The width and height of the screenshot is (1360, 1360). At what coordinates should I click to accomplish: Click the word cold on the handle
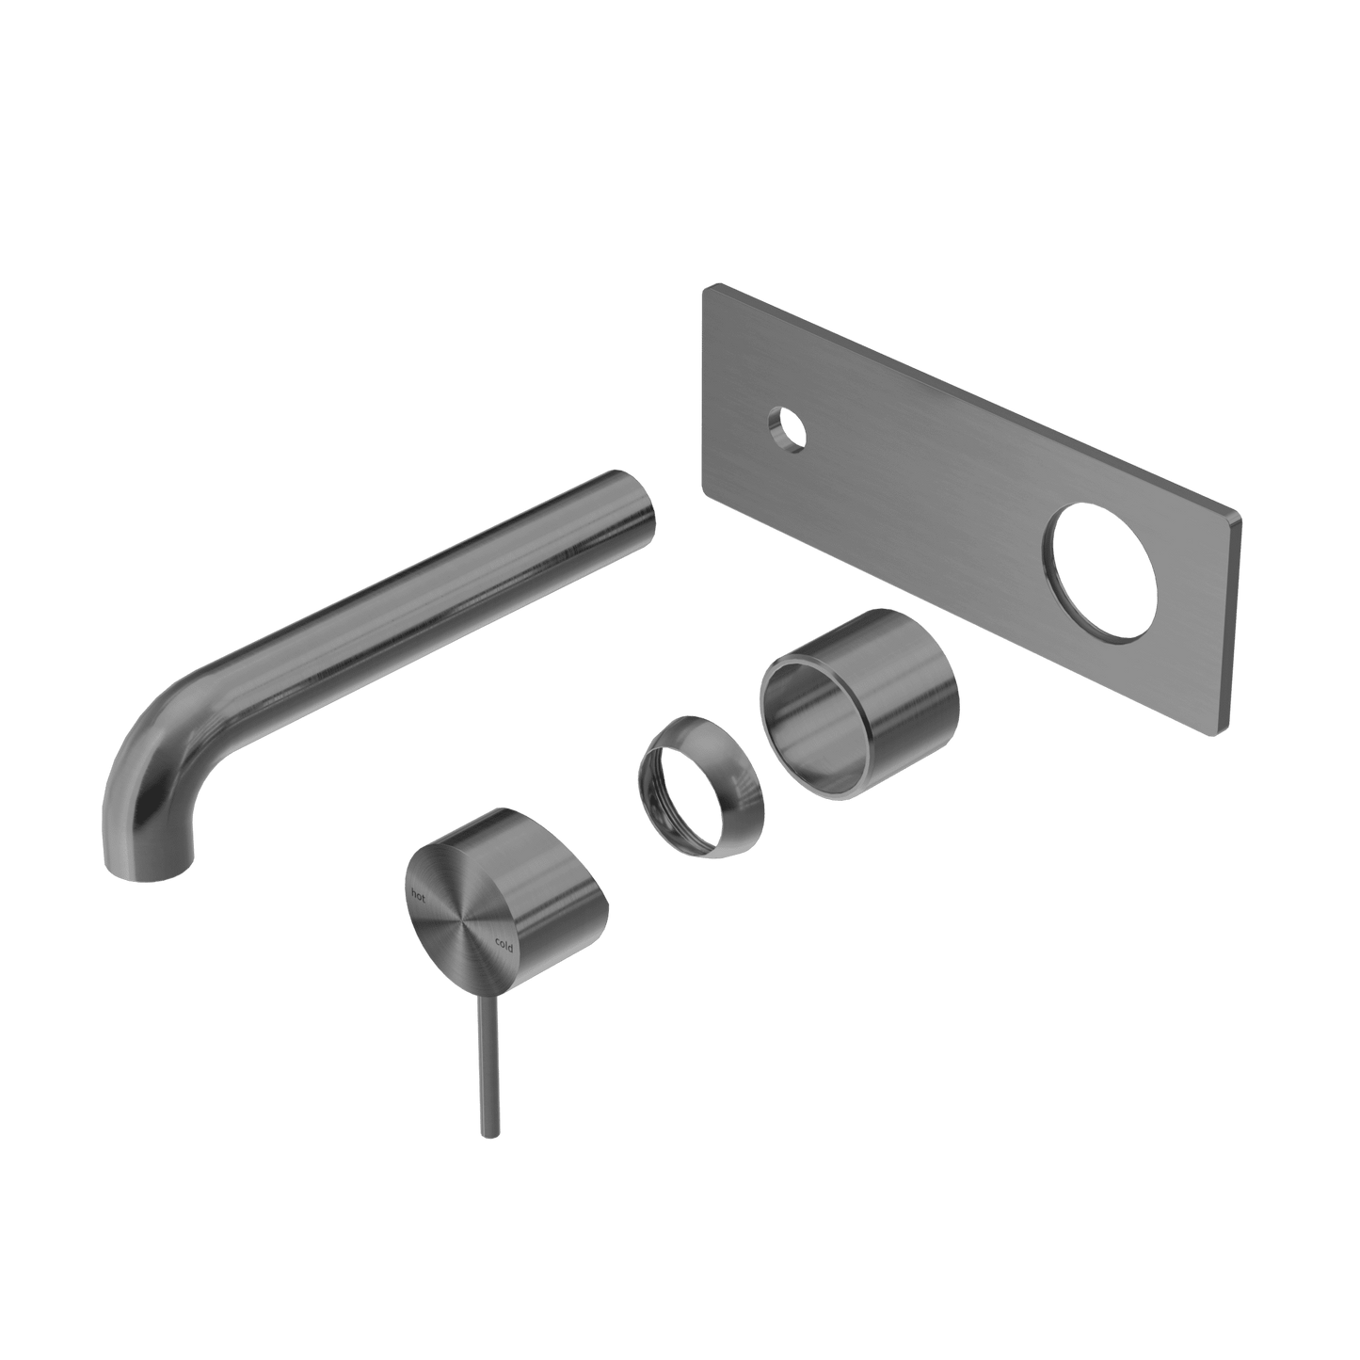click(x=504, y=945)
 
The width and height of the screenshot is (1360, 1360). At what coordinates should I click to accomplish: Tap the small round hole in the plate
click(x=788, y=429)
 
